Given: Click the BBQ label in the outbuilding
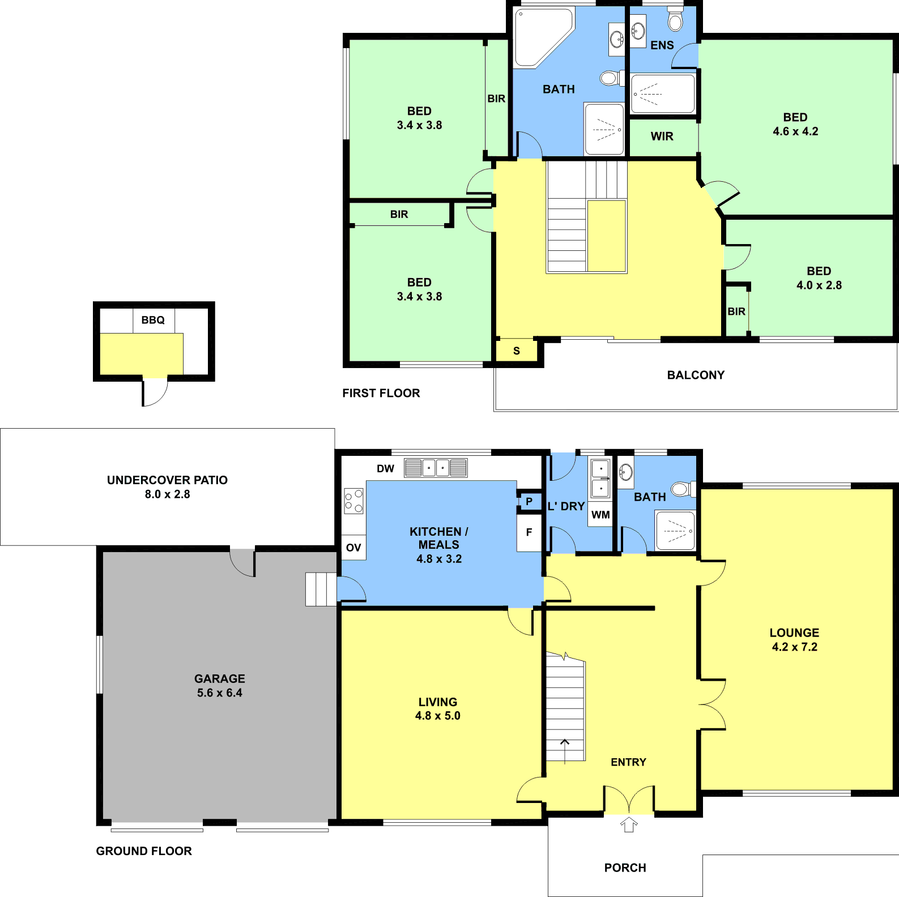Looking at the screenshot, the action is [153, 320].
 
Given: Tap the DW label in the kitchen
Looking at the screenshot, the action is [385, 468].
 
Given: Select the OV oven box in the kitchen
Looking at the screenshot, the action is [353, 548].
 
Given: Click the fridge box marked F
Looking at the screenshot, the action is [529, 532].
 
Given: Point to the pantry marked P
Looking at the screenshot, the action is [530, 501].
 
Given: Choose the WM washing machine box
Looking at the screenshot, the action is [600, 515].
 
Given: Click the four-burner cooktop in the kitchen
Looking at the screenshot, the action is [353, 501].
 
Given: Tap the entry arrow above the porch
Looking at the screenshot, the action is [629, 824].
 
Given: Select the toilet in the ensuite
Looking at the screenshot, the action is [675, 19].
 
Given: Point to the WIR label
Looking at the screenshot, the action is [662, 136].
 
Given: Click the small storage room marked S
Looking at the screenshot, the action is [517, 351].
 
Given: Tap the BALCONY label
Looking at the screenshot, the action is [696, 375].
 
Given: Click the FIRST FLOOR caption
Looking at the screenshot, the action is [381, 393].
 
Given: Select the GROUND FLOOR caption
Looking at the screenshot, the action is [144, 851].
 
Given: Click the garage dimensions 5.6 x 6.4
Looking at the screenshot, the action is [220, 693].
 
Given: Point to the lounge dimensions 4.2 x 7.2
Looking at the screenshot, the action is [795, 647].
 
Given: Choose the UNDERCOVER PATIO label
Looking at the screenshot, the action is [167, 480].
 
